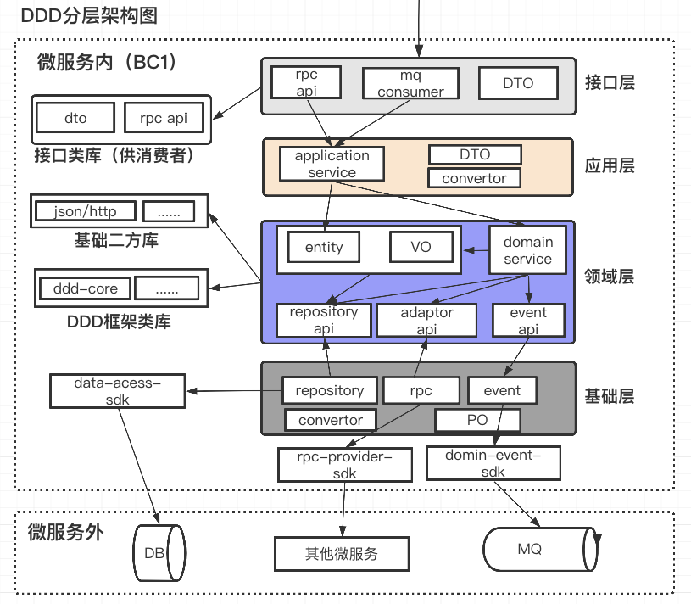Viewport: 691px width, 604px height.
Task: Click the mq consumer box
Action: click(x=410, y=83)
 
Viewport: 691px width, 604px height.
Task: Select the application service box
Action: click(x=332, y=164)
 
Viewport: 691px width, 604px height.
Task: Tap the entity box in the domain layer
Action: click(x=324, y=247)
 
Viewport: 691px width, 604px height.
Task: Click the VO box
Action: click(x=421, y=247)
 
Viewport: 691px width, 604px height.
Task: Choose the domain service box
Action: click(x=527, y=250)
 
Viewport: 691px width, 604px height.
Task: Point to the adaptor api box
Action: click(x=426, y=321)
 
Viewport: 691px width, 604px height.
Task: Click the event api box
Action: click(x=528, y=321)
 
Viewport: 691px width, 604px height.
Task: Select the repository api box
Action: click(x=324, y=321)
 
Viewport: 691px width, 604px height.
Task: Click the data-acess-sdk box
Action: click(x=117, y=391)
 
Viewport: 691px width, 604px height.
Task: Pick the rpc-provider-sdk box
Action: click(x=344, y=465)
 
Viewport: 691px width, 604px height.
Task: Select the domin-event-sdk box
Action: click(x=493, y=463)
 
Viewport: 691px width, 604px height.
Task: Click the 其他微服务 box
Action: click(x=341, y=554)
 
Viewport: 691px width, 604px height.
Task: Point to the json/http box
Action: click(x=81, y=211)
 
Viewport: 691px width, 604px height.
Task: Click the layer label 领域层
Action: click(x=610, y=277)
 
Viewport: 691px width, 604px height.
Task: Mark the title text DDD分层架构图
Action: click(x=78, y=15)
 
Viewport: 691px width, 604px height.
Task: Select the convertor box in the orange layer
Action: click(x=474, y=178)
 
